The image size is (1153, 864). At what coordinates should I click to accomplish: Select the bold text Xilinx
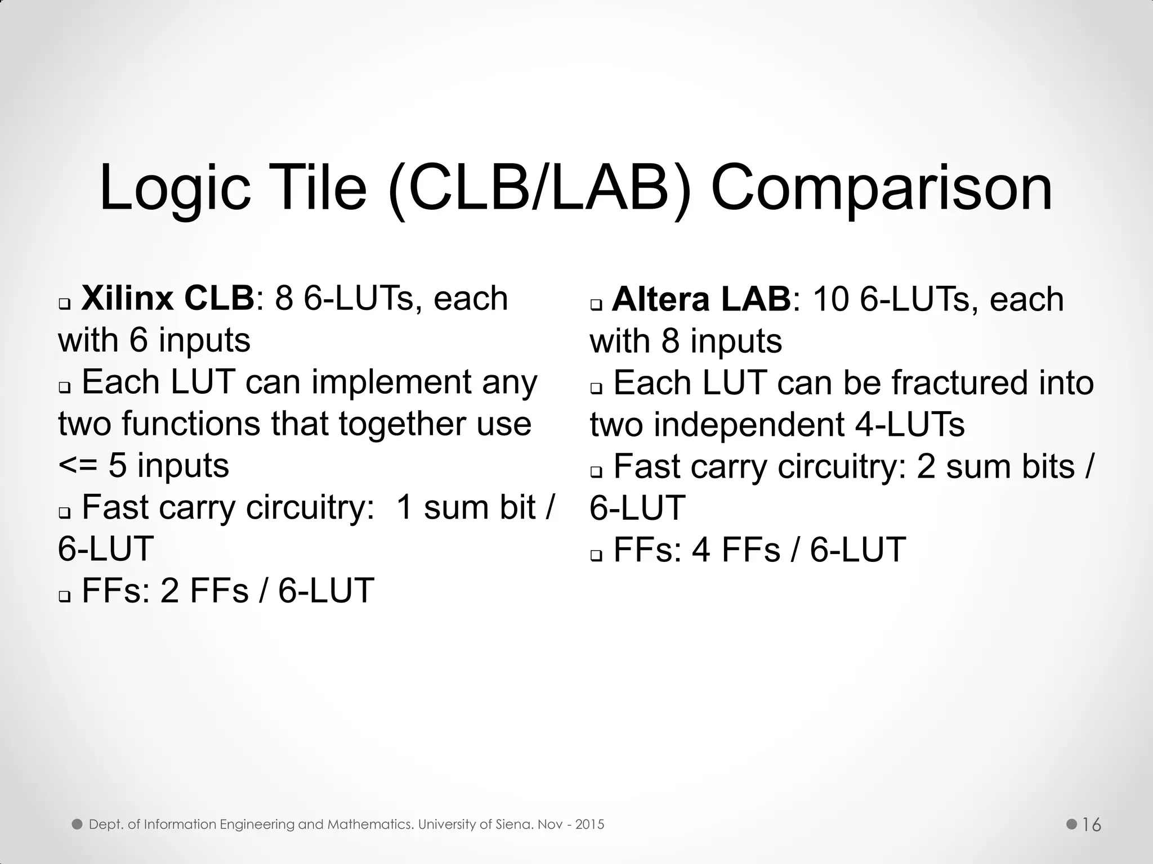click(x=127, y=298)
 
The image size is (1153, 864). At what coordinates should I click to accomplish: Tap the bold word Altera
click(x=661, y=299)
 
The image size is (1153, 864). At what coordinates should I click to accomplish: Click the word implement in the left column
click(x=391, y=382)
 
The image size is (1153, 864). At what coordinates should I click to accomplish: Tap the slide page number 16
click(x=1092, y=825)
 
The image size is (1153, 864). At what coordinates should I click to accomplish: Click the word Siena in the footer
click(x=515, y=825)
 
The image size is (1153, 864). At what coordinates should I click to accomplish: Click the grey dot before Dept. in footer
click(x=77, y=825)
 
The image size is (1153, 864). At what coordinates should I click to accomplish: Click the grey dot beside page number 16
click(x=1071, y=825)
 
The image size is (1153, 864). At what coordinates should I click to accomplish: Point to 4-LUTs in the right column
click(x=910, y=425)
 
